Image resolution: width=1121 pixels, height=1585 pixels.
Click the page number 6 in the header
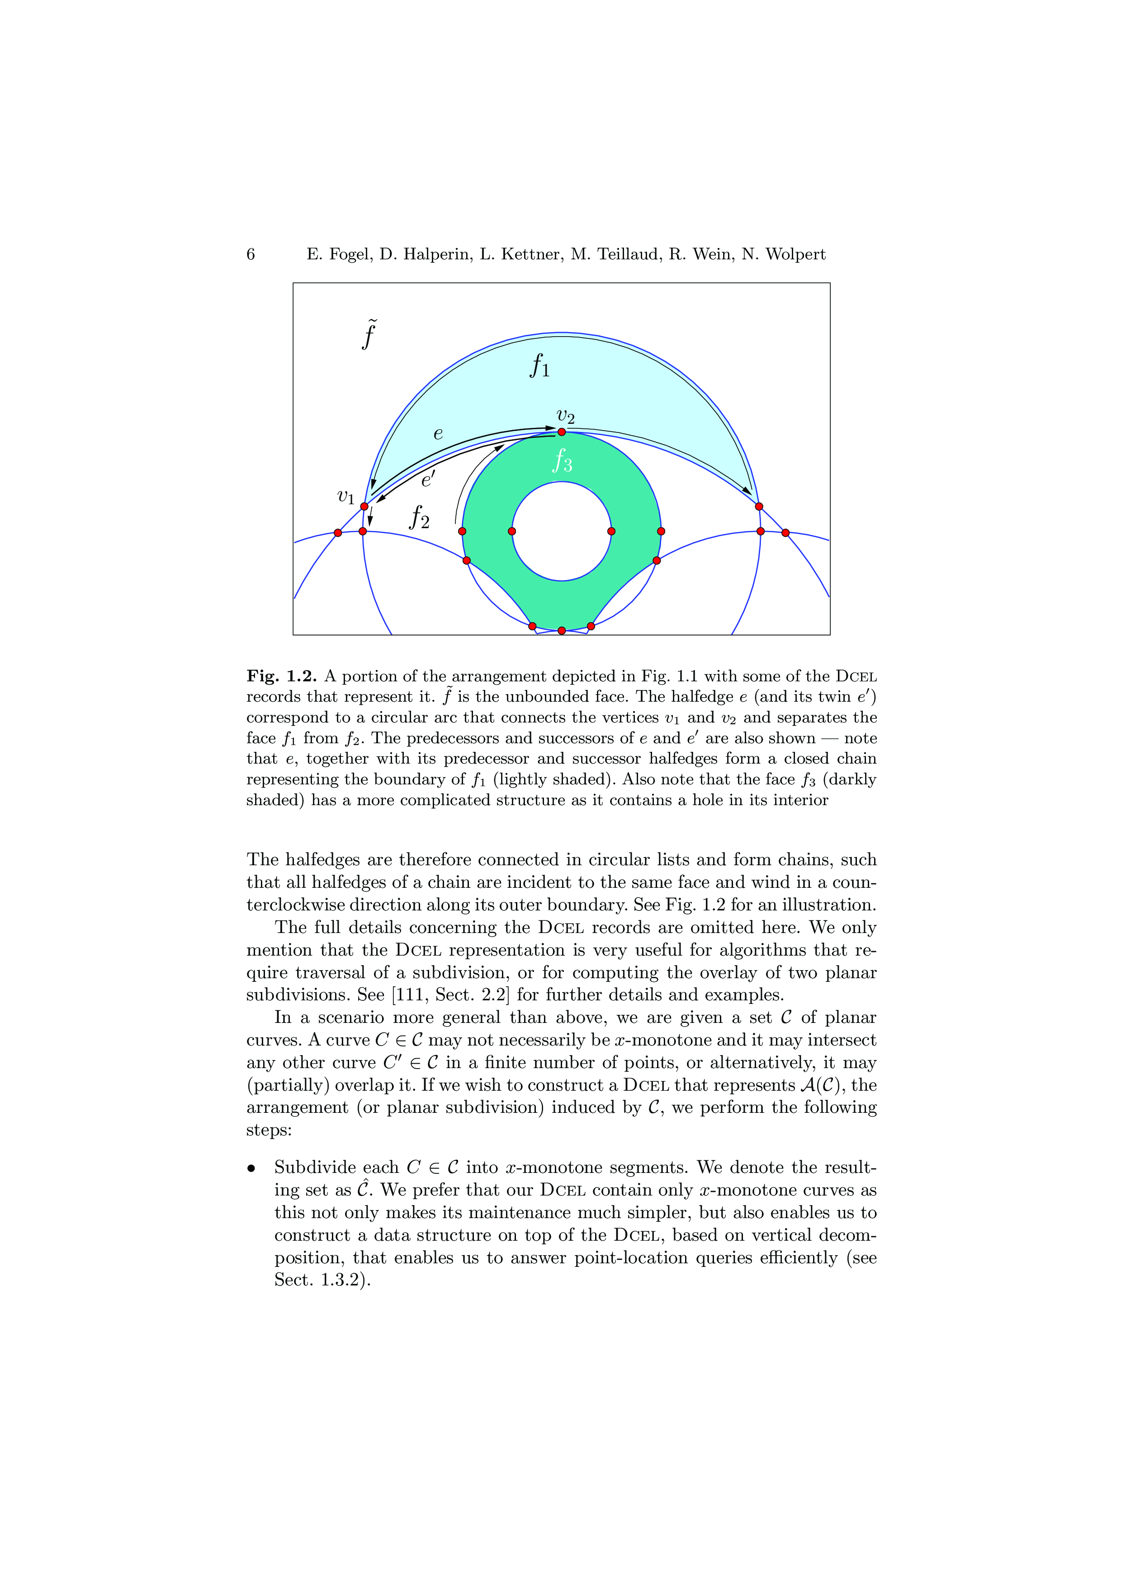[251, 255]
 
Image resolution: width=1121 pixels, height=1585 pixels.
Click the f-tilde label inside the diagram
[369, 335]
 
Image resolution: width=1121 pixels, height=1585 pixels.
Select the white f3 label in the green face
[562, 460]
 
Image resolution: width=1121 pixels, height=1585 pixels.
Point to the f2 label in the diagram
[419, 516]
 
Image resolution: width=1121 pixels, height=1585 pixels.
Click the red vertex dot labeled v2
[562, 432]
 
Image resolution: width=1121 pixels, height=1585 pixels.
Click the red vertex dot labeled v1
[364, 506]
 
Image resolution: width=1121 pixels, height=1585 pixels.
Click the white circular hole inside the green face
[562, 531]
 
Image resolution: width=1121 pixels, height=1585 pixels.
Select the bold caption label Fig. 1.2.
[281, 676]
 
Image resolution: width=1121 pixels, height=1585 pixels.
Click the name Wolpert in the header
[797, 255]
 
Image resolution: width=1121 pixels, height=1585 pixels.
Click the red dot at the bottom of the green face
[562, 630]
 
